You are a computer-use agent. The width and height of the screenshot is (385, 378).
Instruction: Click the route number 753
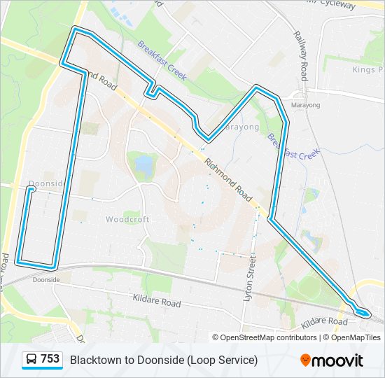point(50,359)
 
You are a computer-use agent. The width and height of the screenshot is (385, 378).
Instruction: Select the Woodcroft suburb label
point(127,219)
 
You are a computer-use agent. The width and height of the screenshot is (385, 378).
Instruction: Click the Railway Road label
point(301,55)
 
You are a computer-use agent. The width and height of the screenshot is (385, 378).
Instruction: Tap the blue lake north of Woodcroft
point(144,165)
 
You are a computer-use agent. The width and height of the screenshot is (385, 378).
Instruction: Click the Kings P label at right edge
point(368,70)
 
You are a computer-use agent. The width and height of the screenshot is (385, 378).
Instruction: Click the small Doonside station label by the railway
point(46,279)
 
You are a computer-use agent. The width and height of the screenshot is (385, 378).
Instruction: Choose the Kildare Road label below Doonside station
point(157,301)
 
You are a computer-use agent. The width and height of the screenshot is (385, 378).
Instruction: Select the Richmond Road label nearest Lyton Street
point(227,179)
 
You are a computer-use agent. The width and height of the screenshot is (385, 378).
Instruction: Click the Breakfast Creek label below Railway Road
point(293,145)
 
